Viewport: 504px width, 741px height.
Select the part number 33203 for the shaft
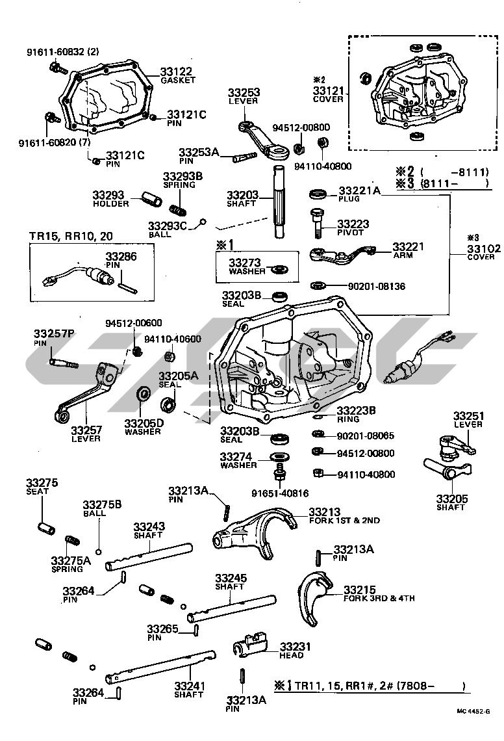(243, 194)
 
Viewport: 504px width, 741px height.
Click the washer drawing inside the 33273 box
(281, 268)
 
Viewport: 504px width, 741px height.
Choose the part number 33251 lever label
(468, 415)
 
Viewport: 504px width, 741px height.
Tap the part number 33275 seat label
(42, 483)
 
